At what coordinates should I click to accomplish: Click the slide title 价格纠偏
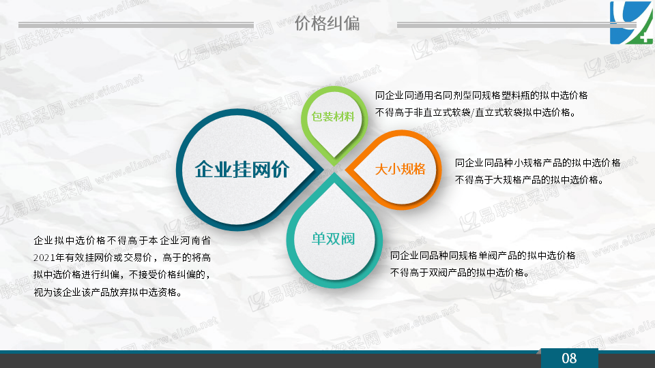327,23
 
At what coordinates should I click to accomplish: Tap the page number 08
569,358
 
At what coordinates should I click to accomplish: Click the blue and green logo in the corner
631,22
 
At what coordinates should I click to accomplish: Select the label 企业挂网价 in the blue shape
242,170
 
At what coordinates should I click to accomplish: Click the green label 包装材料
333,117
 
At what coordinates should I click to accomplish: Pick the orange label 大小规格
401,169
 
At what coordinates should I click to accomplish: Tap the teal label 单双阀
333,239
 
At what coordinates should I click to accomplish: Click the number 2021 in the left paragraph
43,258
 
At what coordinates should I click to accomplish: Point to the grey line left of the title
136,25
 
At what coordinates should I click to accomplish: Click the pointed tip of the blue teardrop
323,170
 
